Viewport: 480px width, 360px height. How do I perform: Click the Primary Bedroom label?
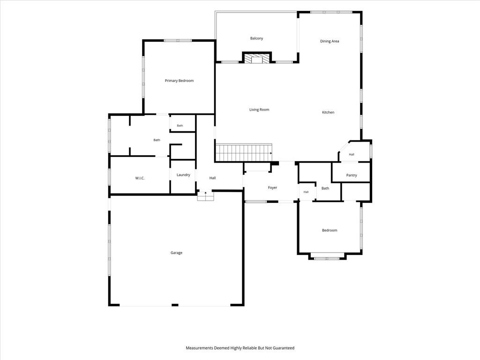pos(179,81)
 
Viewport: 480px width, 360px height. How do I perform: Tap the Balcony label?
pos(256,38)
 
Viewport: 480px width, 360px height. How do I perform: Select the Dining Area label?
pos(330,41)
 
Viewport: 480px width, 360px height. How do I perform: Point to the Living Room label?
pos(259,110)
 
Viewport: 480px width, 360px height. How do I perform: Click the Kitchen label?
pos(328,112)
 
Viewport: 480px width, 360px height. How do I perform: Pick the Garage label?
pos(176,253)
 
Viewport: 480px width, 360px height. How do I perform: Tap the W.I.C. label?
pos(140,178)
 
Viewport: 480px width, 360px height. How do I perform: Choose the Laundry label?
pos(183,175)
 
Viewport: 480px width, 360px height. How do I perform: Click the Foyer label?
pos(272,187)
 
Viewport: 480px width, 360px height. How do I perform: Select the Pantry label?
pos(352,175)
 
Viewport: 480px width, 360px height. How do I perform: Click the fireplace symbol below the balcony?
pos(257,59)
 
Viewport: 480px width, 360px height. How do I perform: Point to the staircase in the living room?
pos(244,153)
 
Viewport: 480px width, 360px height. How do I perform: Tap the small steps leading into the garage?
pos(205,196)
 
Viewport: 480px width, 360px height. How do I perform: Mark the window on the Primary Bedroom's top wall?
pos(178,40)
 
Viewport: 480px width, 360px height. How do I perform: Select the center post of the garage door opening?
pos(175,305)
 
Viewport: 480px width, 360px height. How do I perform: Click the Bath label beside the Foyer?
pos(325,188)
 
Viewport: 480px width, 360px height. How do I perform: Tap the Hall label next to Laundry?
pos(212,178)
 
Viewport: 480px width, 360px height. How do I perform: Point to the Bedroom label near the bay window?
pos(330,230)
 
